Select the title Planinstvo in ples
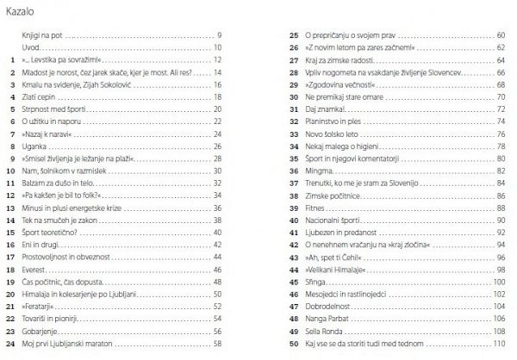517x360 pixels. tap(333, 121)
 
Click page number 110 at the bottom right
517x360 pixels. tap(498, 343)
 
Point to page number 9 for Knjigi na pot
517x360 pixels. tap(221, 36)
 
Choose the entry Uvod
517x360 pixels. tap(31, 48)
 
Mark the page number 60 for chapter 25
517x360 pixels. tap(500, 35)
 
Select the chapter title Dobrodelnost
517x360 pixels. tap(330, 306)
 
